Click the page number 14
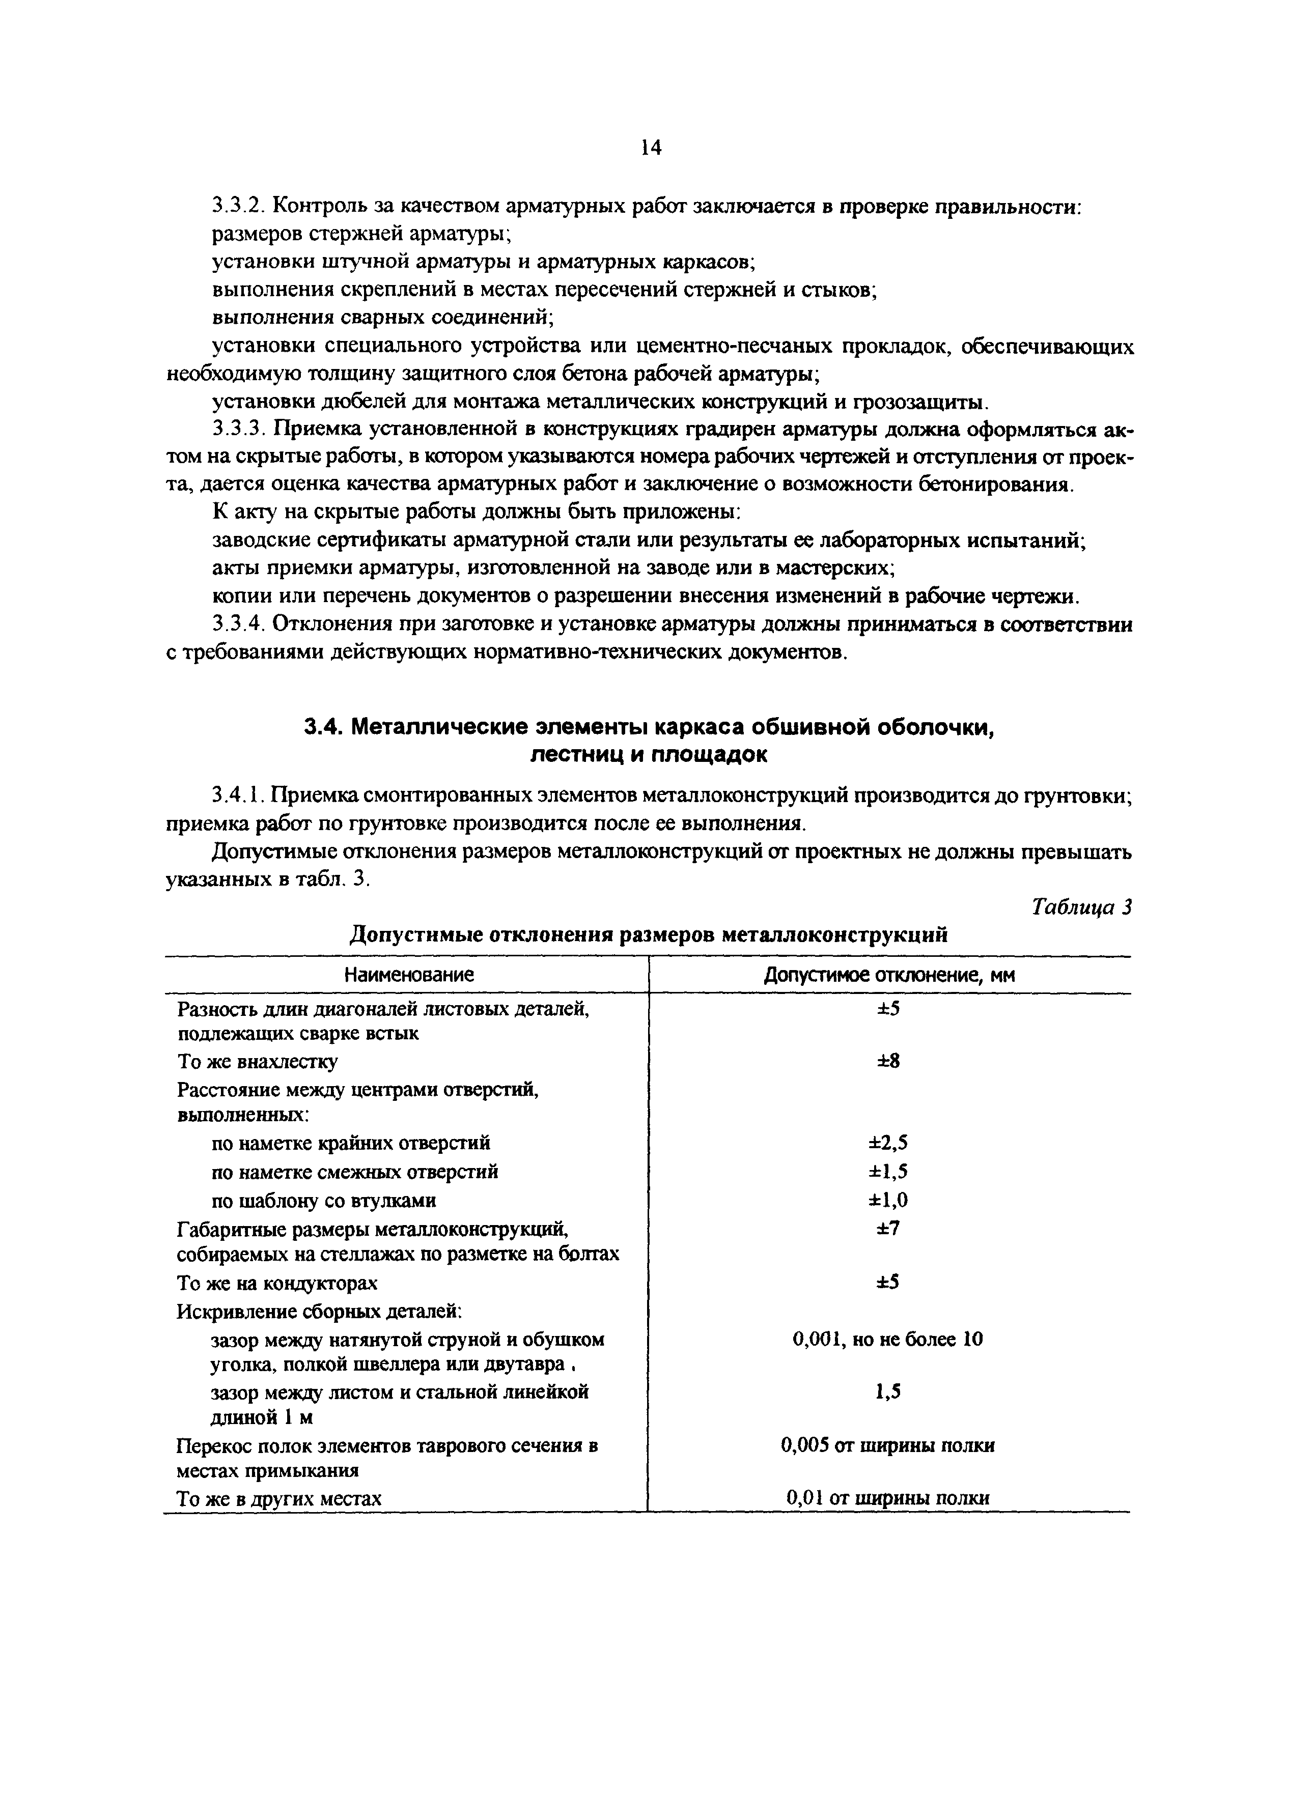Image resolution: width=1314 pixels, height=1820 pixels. pyautogui.click(x=651, y=148)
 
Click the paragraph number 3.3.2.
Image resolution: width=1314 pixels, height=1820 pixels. pyautogui.click(x=238, y=206)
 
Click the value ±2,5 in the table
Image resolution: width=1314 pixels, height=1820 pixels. pyautogui.click(x=888, y=1143)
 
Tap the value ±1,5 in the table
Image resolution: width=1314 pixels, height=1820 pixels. pyautogui.click(x=888, y=1172)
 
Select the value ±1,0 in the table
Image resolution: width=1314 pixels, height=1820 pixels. pyautogui.click(x=888, y=1201)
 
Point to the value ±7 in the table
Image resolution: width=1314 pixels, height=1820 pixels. pyautogui.click(x=888, y=1229)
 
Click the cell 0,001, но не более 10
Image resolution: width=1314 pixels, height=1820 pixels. pyautogui.click(x=888, y=1340)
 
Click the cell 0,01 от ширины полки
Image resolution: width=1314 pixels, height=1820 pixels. pyautogui.click(x=888, y=1498)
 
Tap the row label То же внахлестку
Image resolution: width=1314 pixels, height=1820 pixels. pyautogui.click(x=258, y=1062)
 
